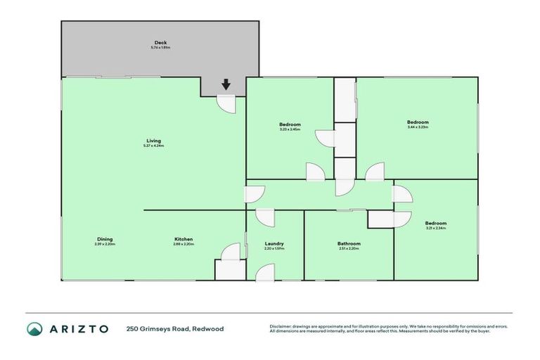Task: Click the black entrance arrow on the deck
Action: click(226, 84)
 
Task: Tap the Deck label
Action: click(160, 43)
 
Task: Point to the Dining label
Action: click(104, 239)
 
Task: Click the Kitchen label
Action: click(184, 239)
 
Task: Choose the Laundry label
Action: click(274, 243)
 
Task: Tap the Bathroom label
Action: click(349, 243)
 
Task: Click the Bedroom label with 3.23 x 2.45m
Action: click(290, 124)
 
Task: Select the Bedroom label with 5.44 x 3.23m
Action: click(418, 122)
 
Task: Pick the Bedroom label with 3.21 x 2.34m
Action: click(436, 223)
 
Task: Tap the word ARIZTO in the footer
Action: click(79, 328)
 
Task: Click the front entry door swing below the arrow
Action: click(226, 103)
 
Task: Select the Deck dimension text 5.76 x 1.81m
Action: click(160, 48)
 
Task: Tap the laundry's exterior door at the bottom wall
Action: click(265, 272)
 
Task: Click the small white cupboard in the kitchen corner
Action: click(227, 269)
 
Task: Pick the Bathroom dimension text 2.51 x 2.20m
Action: click(349, 248)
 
